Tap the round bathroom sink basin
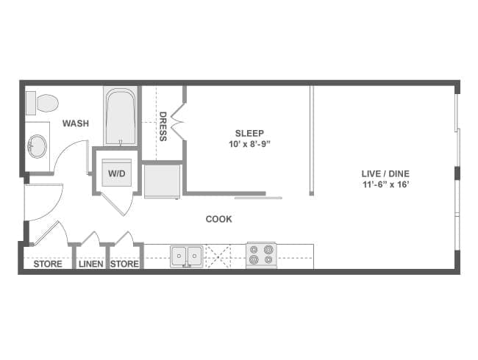tap(37, 145)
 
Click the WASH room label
tap(75, 123)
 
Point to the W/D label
tap(116, 174)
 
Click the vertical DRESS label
tap(163, 126)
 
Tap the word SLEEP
tap(244, 133)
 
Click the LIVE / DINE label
tap(385, 173)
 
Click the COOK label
tap(218, 219)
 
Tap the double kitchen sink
tap(187, 256)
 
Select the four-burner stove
tap(260, 254)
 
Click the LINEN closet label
tap(90, 264)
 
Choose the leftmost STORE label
tap(48, 264)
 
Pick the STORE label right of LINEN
tap(124, 264)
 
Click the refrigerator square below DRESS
tap(161, 181)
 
